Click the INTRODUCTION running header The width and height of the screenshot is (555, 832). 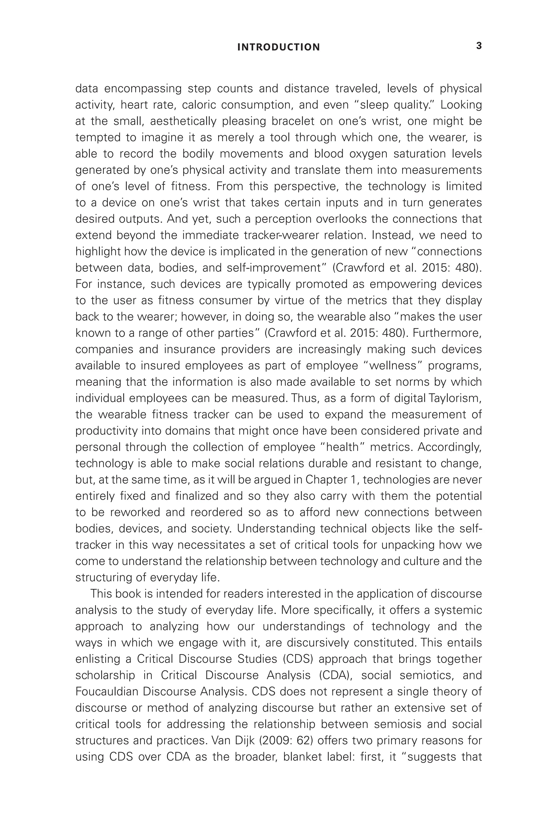pyautogui.click(x=278, y=47)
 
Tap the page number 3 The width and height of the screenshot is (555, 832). pyautogui.click(x=479, y=46)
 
